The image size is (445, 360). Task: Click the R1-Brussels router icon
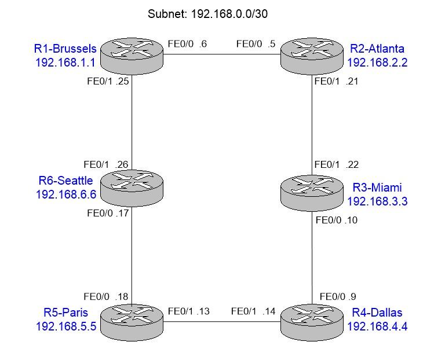pyautogui.click(x=132, y=55)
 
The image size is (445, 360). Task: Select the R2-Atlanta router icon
pyautogui.click(x=312, y=55)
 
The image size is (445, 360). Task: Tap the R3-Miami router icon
pyautogui.click(x=312, y=192)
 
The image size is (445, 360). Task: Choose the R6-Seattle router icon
pyautogui.click(x=132, y=186)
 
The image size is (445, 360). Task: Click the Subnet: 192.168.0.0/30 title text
pyautogui.click(x=207, y=13)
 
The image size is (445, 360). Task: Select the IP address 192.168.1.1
pyautogui.click(x=65, y=62)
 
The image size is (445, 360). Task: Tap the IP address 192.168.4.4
pyautogui.click(x=377, y=326)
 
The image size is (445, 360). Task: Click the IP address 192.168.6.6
pyautogui.click(x=65, y=194)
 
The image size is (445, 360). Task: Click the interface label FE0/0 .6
pyautogui.click(x=187, y=43)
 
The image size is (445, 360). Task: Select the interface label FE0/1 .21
pyautogui.click(x=337, y=82)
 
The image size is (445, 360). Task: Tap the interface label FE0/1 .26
pyautogui.click(x=106, y=164)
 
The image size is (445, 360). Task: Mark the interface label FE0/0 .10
pyautogui.click(x=338, y=220)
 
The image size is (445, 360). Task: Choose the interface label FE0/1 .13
pyautogui.click(x=188, y=311)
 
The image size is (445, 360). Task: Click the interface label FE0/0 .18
pyautogui.click(x=106, y=297)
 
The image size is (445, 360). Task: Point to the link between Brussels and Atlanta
pyautogui.click(x=222, y=55)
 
